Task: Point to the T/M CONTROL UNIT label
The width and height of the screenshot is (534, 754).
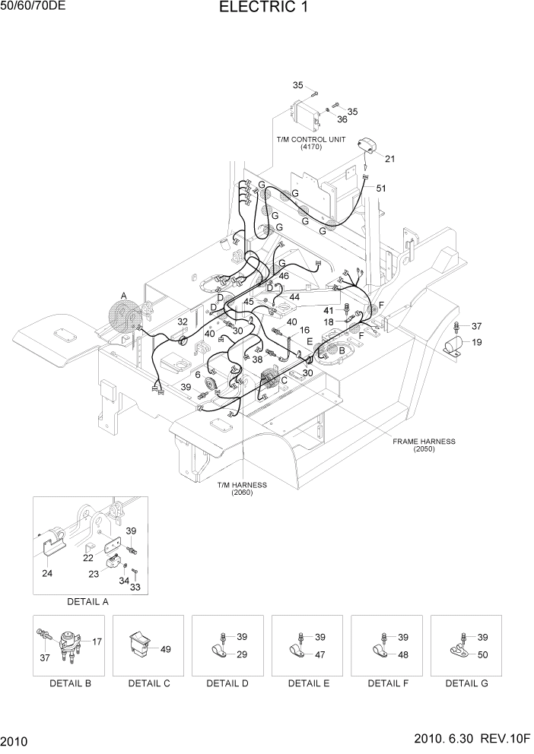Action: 311,140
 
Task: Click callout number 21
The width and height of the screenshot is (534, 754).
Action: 390,159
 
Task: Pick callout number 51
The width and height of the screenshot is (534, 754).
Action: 381,188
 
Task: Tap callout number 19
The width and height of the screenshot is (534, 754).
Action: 476,342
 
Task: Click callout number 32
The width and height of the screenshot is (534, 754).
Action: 183,322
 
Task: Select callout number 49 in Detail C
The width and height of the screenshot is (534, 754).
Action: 167,648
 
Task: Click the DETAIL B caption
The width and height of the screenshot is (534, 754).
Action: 71,683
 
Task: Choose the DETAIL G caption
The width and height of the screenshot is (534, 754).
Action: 467,683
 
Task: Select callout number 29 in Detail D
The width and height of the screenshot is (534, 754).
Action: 243,654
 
